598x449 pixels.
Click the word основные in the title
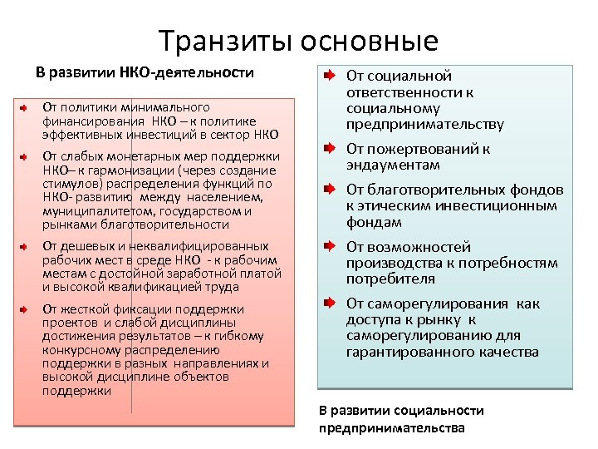click(x=369, y=40)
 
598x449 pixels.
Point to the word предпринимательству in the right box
click(x=424, y=125)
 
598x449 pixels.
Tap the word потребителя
click(x=390, y=279)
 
